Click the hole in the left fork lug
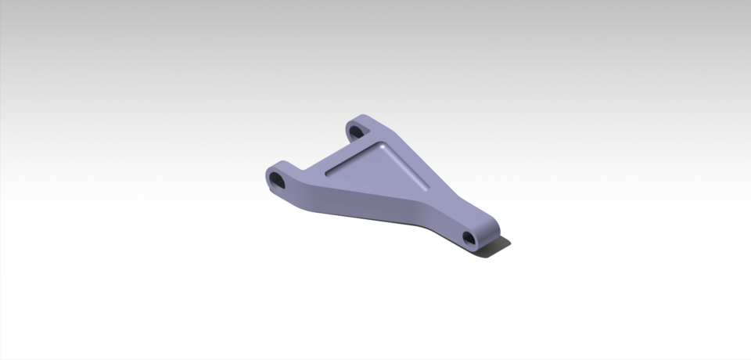[278, 181]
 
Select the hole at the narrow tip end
[469, 237]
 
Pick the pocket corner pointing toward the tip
[427, 187]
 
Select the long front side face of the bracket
[368, 207]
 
